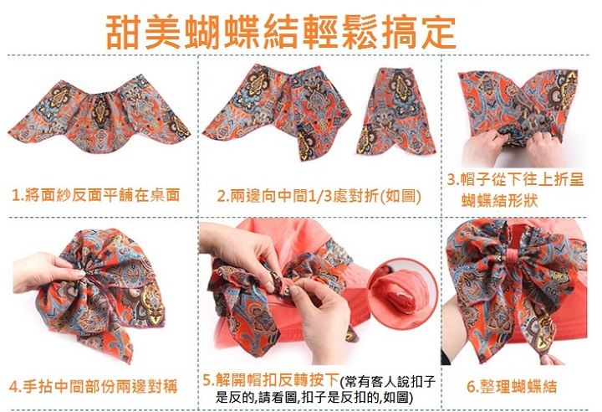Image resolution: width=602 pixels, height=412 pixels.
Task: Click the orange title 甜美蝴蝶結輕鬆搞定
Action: tap(281, 32)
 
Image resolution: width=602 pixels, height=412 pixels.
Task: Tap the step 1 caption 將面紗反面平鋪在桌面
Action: tap(103, 195)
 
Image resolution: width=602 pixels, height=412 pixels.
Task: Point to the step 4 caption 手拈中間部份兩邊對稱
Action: tap(100, 386)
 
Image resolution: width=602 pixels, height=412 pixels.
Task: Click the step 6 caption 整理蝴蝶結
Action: tap(518, 386)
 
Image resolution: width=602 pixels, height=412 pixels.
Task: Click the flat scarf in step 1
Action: tap(99, 115)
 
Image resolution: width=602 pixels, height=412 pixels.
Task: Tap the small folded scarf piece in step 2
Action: tap(395, 111)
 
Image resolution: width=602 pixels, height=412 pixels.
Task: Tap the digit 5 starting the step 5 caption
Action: tap(207, 381)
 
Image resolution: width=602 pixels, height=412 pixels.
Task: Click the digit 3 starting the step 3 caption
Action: tap(451, 180)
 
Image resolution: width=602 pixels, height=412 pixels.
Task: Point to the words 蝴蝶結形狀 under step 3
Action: tap(500, 200)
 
